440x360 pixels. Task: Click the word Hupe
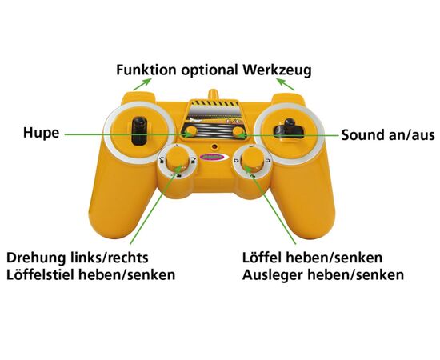(42, 133)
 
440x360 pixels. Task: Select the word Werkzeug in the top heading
(278, 70)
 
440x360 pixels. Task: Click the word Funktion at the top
(146, 70)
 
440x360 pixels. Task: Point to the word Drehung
(35, 258)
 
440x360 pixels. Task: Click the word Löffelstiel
(41, 274)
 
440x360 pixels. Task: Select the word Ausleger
(272, 275)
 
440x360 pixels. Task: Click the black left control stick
(139, 130)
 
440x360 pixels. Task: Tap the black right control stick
(289, 129)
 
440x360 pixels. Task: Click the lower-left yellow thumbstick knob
(178, 161)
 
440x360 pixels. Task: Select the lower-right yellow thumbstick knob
(253, 160)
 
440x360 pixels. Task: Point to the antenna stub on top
(213, 94)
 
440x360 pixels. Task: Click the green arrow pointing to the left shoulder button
(142, 85)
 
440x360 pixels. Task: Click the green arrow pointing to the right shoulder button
(286, 85)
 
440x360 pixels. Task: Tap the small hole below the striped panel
(214, 146)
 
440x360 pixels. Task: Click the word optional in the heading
(210, 70)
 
